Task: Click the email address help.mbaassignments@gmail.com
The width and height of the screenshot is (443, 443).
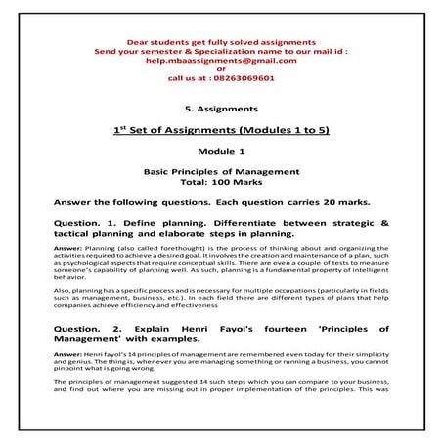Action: click(x=221, y=61)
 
